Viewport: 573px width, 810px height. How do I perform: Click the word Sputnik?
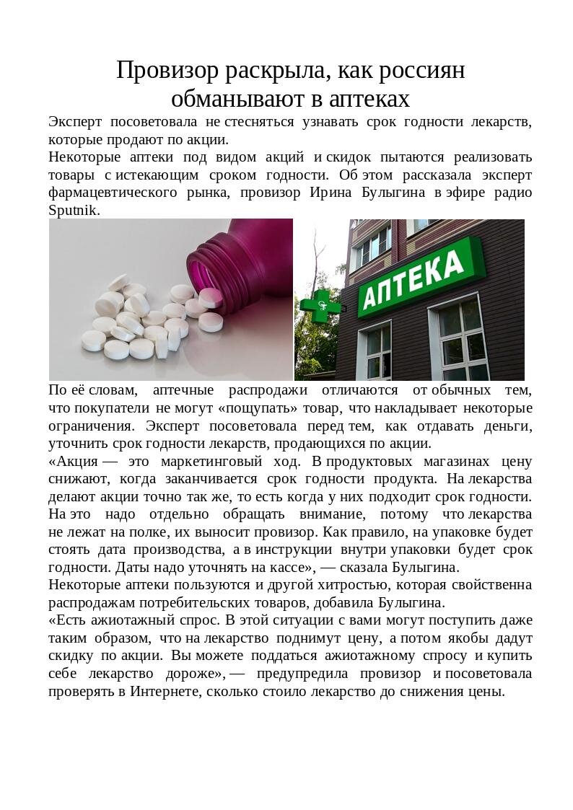click(73, 211)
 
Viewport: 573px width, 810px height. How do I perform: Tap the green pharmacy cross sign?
click(316, 308)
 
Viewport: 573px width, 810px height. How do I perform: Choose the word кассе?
click(289, 568)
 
